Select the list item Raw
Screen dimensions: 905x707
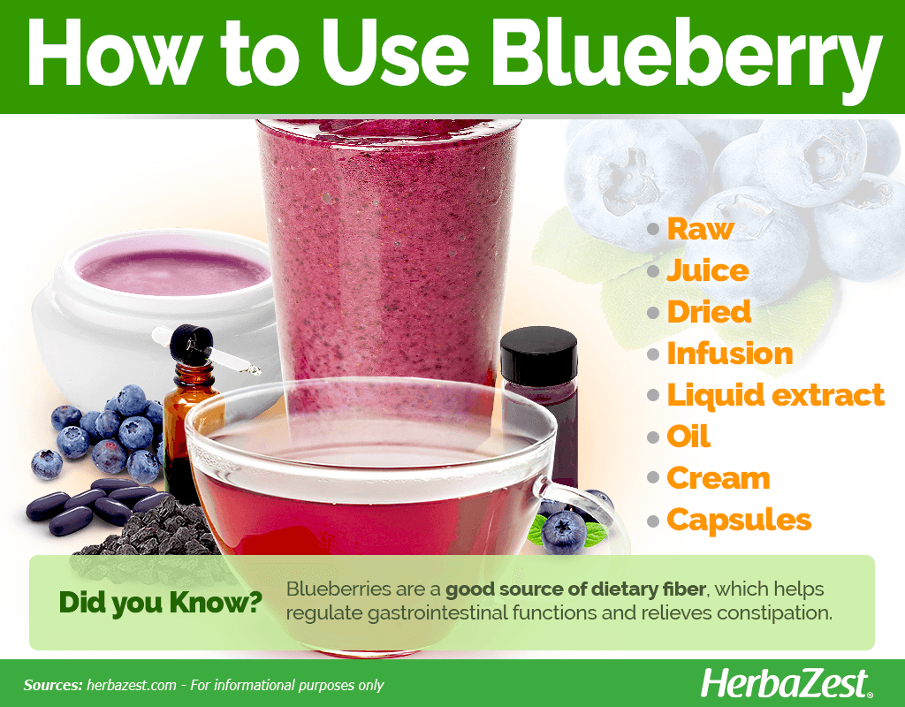tap(700, 229)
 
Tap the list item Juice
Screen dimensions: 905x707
tap(708, 270)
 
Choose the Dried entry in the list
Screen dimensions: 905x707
tap(709, 312)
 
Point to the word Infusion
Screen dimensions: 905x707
tap(730, 353)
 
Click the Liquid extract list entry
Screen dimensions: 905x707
tap(776, 395)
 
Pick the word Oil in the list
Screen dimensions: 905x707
tap(688, 437)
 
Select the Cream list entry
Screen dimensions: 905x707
tap(719, 478)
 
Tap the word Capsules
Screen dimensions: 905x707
tap(739, 521)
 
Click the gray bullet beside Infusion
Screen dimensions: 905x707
tap(653, 353)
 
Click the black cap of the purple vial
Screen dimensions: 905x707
tap(538, 356)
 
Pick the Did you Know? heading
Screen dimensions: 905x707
tap(161, 603)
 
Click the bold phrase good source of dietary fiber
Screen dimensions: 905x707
tap(575, 589)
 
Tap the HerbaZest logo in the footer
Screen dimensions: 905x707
tap(786, 684)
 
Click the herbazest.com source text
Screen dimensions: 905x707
tap(131, 685)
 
